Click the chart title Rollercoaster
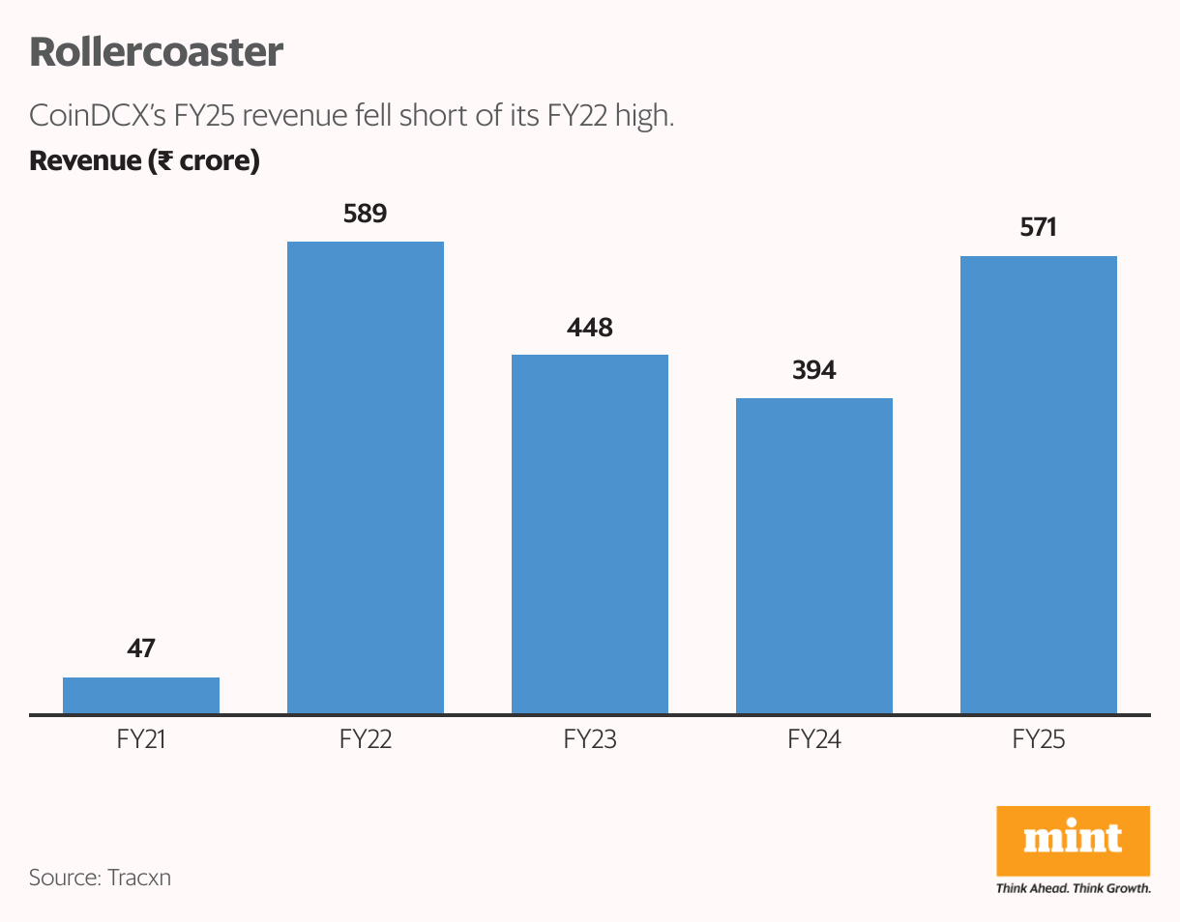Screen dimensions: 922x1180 pyautogui.click(x=156, y=52)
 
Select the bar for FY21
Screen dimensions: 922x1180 pyautogui.click(x=141, y=696)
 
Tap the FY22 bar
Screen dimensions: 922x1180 pyautogui.click(x=366, y=478)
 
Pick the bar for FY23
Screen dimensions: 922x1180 pyautogui.click(x=590, y=534)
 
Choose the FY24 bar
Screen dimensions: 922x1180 pyautogui.click(x=814, y=557)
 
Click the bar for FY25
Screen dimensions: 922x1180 pyautogui.click(x=1039, y=485)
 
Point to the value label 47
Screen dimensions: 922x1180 pyautogui.click(x=141, y=649)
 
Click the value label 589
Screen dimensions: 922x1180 pyautogui.click(x=366, y=214)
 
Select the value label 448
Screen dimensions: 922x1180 pyautogui.click(x=590, y=328)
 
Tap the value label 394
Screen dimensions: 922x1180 pyautogui.click(x=814, y=370)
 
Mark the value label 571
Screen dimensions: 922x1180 pyautogui.click(x=1039, y=228)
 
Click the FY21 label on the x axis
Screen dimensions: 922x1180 pyautogui.click(x=141, y=741)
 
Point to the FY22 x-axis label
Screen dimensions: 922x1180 pyautogui.click(x=366, y=741)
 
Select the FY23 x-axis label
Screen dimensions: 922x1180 pyautogui.click(x=590, y=741)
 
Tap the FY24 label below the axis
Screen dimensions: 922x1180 pyautogui.click(x=814, y=741)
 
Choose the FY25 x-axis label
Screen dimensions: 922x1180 pyautogui.click(x=1039, y=741)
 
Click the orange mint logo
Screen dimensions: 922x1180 pyautogui.click(x=1073, y=839)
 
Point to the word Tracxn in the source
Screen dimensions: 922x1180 pyautogui.click(x=139, y=879)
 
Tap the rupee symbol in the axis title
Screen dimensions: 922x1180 pyautogui.click(x=164, y=161)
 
